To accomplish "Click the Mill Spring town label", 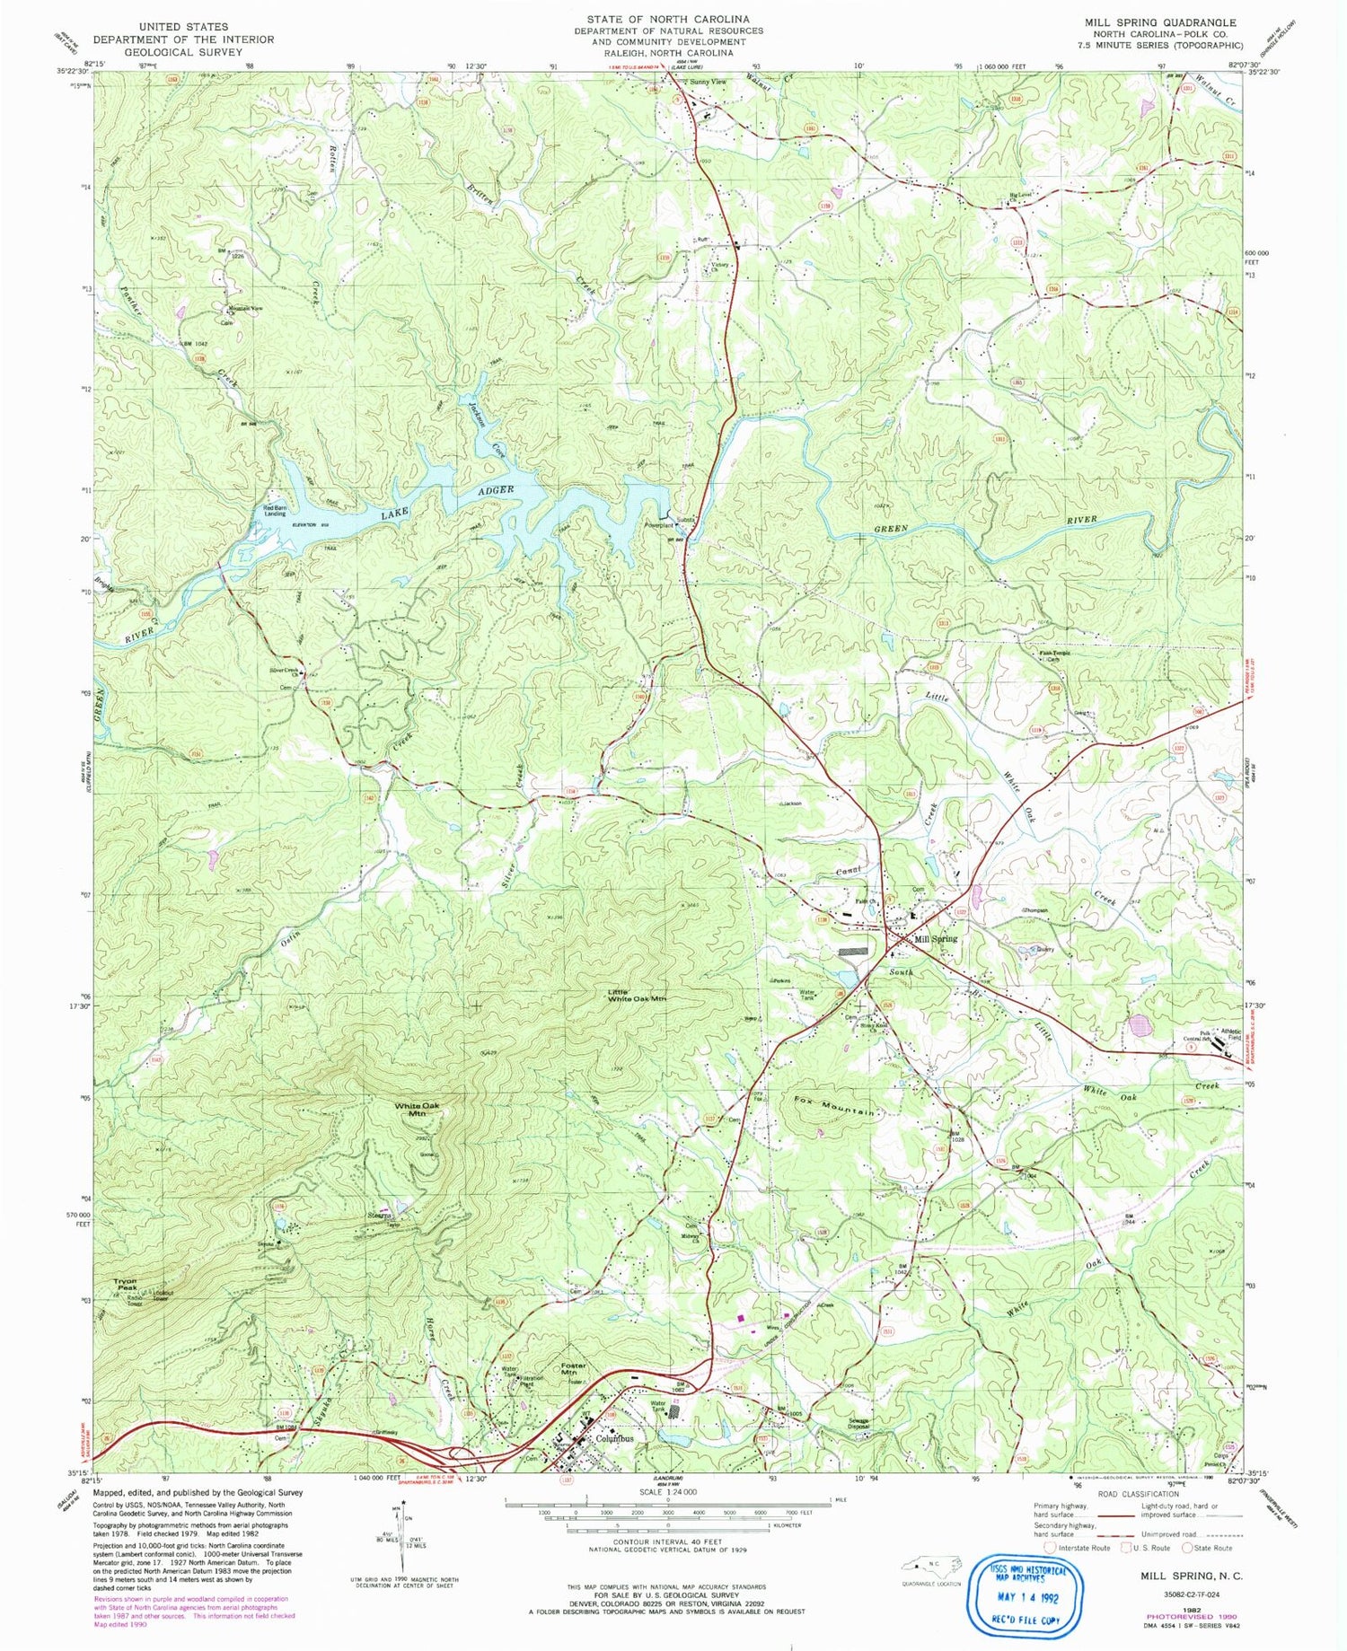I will (x=936, y=939).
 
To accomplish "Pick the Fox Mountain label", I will (x=834, y=1105).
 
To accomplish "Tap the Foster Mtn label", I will (x=569, y=1370).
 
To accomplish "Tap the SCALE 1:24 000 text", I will (x=667, y=1492).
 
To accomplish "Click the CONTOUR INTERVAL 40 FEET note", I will (x=667, y=1541).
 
